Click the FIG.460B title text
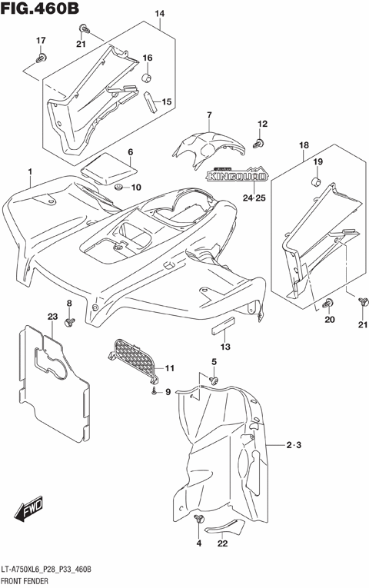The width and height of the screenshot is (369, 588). [40, 10]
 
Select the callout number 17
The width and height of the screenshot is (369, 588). [42, 41]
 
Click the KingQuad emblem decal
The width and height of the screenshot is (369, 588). [237, 176]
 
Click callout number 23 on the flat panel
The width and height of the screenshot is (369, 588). [52, 317]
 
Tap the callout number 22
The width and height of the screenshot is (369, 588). [222, 544]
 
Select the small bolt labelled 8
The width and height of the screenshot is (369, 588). [68, 321]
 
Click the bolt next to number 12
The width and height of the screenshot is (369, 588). [260, 143]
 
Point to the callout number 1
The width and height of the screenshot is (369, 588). [30, 171]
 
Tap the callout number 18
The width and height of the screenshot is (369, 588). [304, 145]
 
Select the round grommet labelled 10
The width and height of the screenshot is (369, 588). [118, 188]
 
